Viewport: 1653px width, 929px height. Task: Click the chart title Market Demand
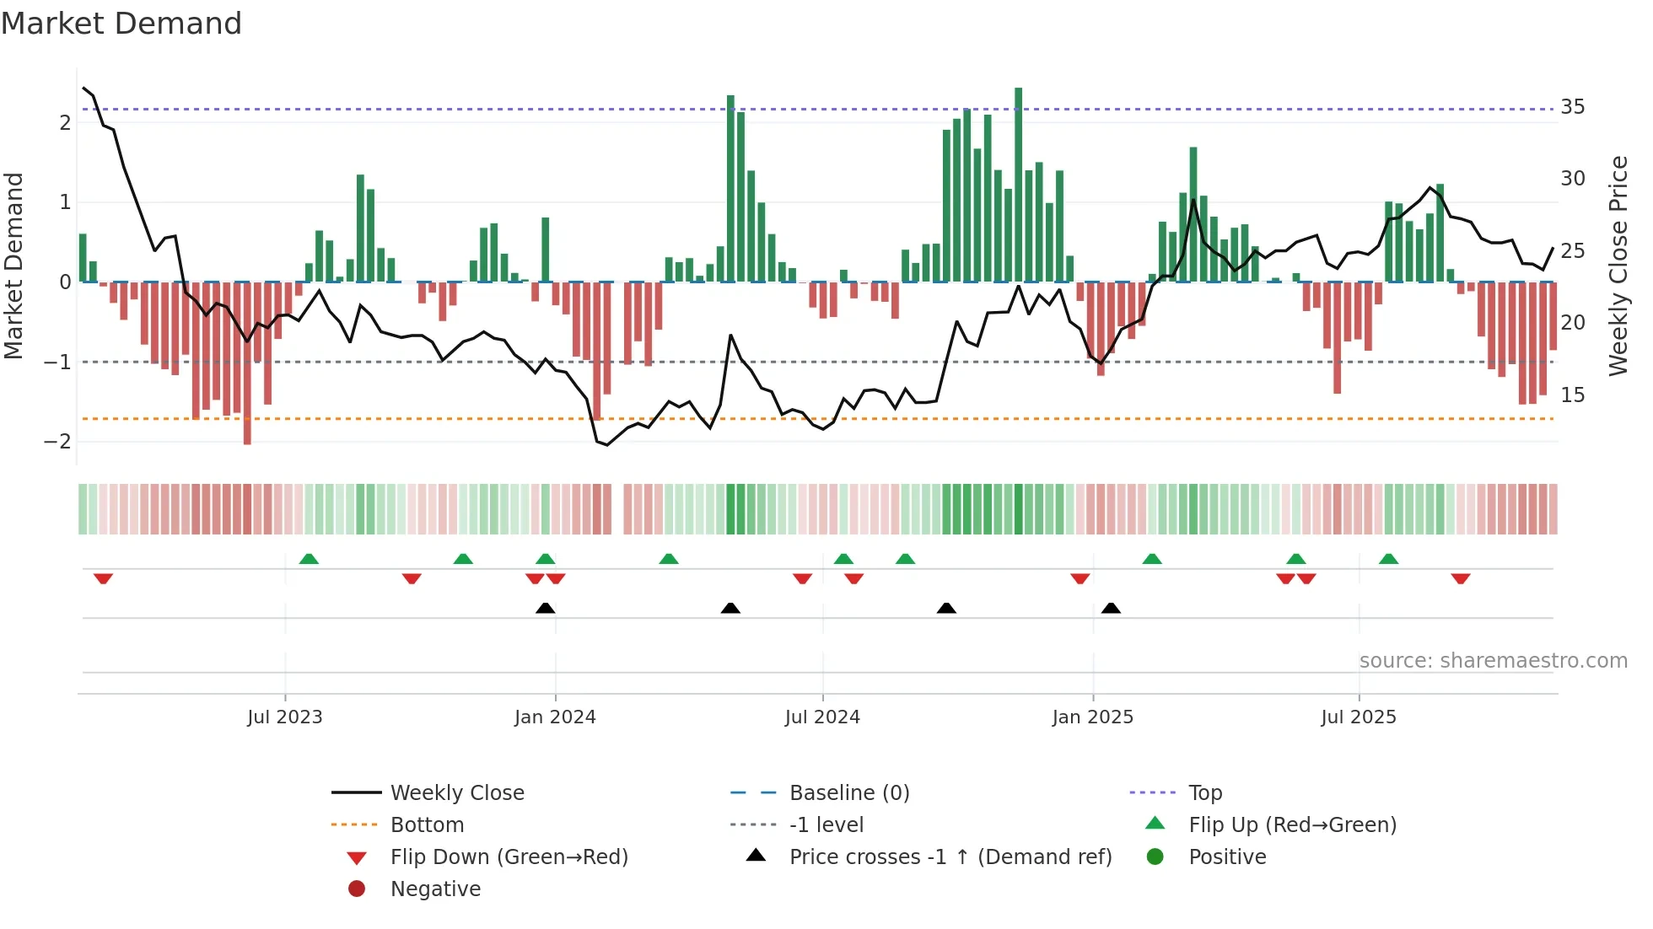click(x=121, y=24)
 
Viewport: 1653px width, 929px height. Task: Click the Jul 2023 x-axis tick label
click(x=284, y=717)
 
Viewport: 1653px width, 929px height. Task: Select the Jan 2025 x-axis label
click(x=1092, y=717)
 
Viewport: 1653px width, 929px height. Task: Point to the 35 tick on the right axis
click(x=1572, y=107)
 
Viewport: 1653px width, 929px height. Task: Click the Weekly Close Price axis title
click(x=1618, y=266)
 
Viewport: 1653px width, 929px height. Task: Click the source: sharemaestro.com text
click(x=1493, y=661)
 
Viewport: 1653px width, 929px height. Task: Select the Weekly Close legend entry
click(x=456, y=793)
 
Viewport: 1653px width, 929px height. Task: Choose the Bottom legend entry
click(x=427, y=825)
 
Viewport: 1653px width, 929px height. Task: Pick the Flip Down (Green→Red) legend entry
click(x=509, y=857)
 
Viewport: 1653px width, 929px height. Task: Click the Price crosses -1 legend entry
click(x=950, y=857)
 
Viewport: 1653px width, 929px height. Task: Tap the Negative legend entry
click(x=435, y=889)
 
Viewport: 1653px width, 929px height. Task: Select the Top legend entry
click(x=1204, y=793)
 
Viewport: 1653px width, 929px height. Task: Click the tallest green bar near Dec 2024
click(x=1018, y=185)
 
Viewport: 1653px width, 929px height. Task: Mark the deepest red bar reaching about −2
click(x=247, y=362)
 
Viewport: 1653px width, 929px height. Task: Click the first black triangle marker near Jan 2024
click(x=546, y=608)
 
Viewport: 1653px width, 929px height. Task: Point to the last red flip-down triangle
click(x=1461, y=578)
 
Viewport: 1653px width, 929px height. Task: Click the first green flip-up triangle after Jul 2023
click(x=309, y=559)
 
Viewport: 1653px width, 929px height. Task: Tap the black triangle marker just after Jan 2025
click(x=1111, y=608)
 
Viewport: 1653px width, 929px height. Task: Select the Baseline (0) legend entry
click(x=848, y=793)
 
